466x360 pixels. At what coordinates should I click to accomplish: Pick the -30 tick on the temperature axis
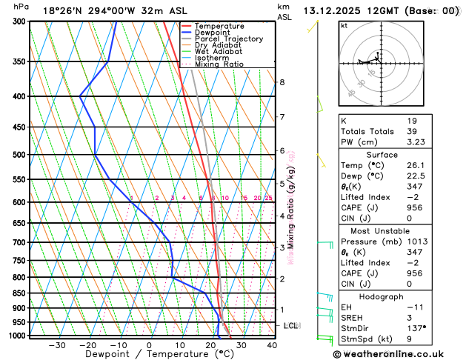[x=56, y=345]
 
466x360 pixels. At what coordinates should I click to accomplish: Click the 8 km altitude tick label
[x=282, y=82]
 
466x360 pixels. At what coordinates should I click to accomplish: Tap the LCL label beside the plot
[x=291, y=325]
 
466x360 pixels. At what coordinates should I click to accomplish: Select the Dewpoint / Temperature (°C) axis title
[x=148, y=355]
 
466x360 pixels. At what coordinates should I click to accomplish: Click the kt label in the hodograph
[x=344, y=25]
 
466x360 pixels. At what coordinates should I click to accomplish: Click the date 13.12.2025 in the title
[x=333, y=11]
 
